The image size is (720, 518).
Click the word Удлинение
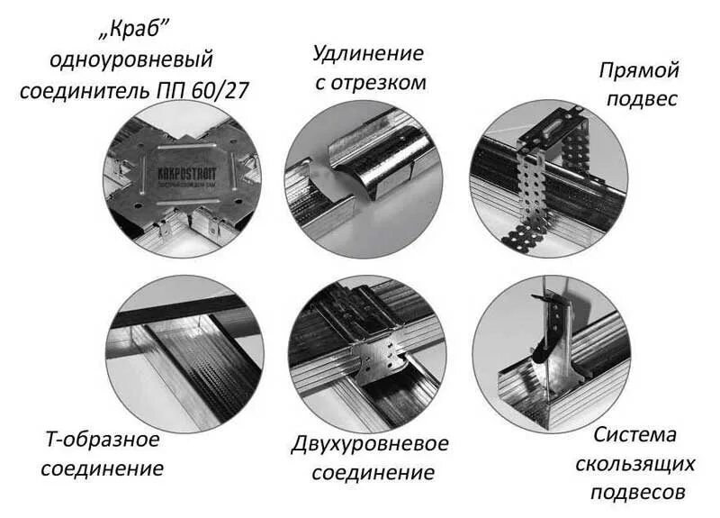367,53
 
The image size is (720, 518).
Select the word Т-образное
103,441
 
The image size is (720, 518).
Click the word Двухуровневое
370,444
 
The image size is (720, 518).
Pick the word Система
634,435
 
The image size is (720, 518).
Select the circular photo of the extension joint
364,179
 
